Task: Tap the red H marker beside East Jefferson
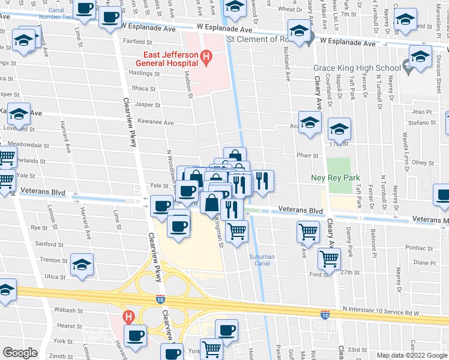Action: [x=206, y=58]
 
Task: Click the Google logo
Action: [x=20, y=353]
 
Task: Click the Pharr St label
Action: [x=306, y=154]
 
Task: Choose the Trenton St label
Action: [x=52, y=260]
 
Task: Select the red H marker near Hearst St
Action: [x=127, y=316]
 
